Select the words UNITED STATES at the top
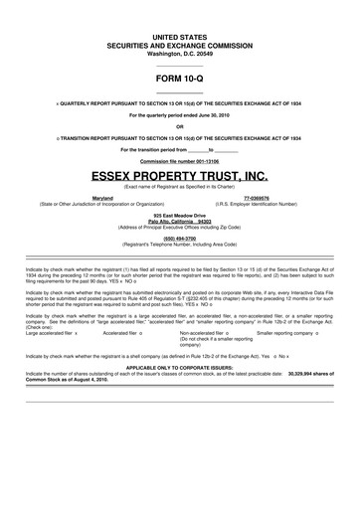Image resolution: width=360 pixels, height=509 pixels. [180, 36]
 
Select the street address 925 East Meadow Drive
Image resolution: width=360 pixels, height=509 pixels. [180, 214]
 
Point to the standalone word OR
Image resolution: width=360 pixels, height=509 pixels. [180, 126]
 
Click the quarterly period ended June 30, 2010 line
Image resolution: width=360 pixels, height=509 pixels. [180, 115]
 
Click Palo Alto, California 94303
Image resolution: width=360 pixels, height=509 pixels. [180, 220]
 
